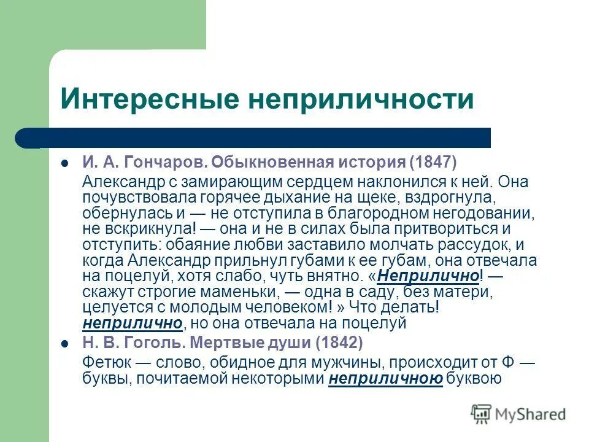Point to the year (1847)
[434, 163]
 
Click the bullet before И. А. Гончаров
[64, 164]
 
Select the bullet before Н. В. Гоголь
[64, 343]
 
